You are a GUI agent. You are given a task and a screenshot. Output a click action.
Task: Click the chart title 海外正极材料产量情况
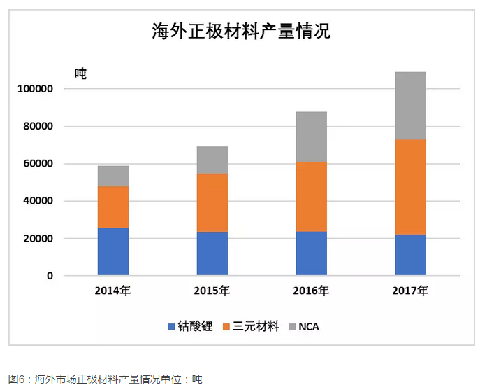click(x=241, y=32)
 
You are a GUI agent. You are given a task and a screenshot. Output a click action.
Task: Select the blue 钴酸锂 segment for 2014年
click(x=112, y=251)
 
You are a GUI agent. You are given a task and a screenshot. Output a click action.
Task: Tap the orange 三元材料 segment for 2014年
click(x=112, y=207)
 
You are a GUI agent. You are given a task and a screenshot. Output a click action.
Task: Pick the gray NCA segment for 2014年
click(x=112, y=176)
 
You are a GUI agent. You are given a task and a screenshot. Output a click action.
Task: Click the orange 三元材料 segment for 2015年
click(x=212, y=202)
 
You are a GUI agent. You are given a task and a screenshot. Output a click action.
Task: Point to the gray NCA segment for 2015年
click(x=212, y=160)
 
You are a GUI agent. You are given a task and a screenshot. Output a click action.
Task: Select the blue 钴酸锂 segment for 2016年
click(x=311, y=253)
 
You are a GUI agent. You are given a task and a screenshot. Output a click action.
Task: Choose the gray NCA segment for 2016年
click(x=311, y=137)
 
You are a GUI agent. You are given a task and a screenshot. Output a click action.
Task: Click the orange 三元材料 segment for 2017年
click(x=410, y=187)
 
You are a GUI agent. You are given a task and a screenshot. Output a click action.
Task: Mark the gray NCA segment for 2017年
click(x=410, y=106)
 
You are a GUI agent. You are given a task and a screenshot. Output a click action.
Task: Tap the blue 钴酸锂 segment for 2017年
click(x=410, y=255)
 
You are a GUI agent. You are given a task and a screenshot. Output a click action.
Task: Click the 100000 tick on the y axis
click(x=36, y=90)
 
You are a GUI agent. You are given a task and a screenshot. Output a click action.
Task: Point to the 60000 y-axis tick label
click(x=39, y=164)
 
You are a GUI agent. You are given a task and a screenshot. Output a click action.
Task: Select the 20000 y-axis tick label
click(x=39, y=239)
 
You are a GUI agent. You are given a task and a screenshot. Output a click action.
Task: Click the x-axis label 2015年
click(x=212, y=291)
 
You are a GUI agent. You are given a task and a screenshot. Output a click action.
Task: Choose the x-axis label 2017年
click(x=410, y=291)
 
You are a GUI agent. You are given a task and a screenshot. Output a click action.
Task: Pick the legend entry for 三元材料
click(x=252, y=327)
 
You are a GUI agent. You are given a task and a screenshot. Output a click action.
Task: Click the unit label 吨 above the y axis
click(x=80, y=74)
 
